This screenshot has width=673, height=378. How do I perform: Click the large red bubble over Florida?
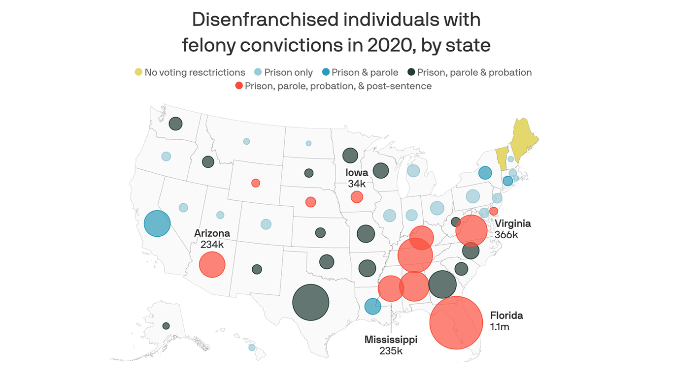pos(456,323)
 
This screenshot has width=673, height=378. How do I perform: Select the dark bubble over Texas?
pos(310,303)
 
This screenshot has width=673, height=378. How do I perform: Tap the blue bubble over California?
pos(157,223)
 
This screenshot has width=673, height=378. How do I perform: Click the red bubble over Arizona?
pos(212,264)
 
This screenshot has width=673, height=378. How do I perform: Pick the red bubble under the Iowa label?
pos(357,197)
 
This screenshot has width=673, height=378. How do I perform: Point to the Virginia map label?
pos(513,223)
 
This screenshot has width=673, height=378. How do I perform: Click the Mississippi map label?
pos(391,340)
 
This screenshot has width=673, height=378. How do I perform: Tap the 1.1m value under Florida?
pos(500,327)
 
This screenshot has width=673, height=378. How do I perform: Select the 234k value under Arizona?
pos(212,244)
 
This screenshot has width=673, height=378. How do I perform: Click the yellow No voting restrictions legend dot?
pos(138,72)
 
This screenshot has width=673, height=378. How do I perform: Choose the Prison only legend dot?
pos(258,72)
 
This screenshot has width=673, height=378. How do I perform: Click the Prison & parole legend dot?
pos(325,72)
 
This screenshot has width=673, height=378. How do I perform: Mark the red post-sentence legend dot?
pos(239,86)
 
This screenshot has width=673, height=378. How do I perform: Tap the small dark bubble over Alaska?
pos(166,326)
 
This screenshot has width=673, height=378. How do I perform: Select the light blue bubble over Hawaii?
pos(252,347)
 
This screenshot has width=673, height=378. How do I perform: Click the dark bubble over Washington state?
pos(175,124)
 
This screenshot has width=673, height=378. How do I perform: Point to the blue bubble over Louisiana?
pos(372,306)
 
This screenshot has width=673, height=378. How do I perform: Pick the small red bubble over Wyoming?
pos(256,183)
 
